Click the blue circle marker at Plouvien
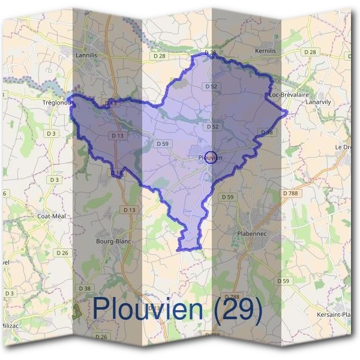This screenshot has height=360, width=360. (210, 157)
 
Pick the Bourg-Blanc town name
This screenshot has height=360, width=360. (113, 242)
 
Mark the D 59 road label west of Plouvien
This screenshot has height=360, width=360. (161, 143)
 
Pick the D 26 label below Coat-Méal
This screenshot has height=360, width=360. (63, 253)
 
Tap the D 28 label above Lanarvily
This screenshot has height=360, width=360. (310, 53)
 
